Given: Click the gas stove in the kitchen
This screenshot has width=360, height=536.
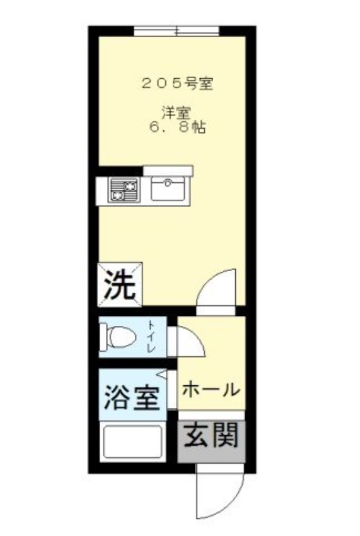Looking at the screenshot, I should point(124,190).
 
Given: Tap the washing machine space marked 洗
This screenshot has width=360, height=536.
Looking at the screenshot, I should point(120,284).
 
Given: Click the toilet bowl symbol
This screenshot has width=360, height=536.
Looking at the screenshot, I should point(120,337).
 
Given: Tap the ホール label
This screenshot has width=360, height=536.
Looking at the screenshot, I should point(210,389).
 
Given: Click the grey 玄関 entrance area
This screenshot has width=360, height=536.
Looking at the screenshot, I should point(211,436).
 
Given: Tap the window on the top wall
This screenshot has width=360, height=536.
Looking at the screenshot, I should point(176,30).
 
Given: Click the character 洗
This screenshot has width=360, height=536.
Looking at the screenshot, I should point(119,284).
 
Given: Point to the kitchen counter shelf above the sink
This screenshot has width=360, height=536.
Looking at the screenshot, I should point(168,170).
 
